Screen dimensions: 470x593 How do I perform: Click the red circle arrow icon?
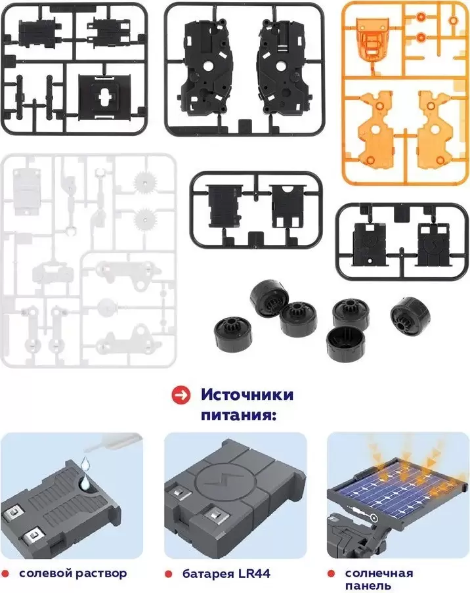(x=181, y=395)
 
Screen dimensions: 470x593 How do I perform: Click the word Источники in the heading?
(x=247, y=395)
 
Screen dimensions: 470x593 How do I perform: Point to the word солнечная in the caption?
(x=379, y=573)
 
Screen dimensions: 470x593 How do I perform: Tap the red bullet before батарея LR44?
(x=169, y=574)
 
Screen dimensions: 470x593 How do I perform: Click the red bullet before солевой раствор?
(x=5, y=574)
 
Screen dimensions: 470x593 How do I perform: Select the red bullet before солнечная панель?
(x=331, y=574)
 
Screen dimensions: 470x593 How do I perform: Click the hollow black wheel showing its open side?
(x=345, y=343)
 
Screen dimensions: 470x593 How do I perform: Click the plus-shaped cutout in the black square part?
(x=103, y=98)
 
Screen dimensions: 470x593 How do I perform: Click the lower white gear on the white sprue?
(x=146, y=218)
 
